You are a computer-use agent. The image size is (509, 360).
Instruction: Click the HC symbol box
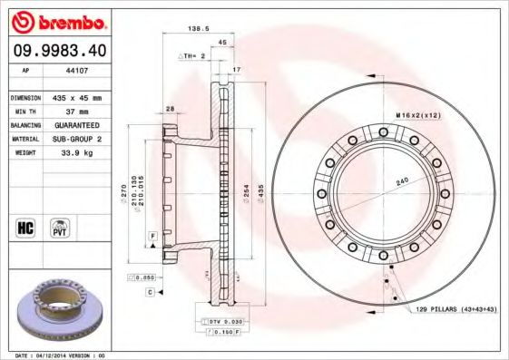click(25, 227)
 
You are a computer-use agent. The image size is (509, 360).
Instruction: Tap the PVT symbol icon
click(60, 227)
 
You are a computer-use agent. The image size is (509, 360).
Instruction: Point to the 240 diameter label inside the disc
click(402, 182)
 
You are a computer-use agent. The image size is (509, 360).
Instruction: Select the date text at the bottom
click(59, 355)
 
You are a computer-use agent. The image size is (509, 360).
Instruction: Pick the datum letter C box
click(149, 292)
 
